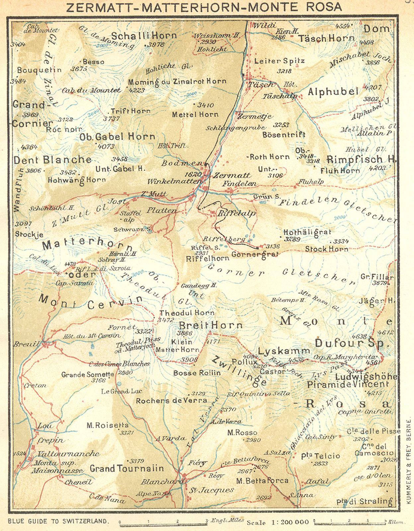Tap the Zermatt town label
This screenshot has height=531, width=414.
(232, 175)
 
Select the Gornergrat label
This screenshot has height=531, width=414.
(255, 255)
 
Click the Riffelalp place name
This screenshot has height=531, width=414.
(236, 213)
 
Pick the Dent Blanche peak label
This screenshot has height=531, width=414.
(52, 160)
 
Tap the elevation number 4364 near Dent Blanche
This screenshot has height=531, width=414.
(29, 147)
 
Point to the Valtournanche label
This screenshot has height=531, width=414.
(68, 454)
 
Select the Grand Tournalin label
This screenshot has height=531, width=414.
(127, 469)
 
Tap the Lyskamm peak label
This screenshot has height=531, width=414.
(284, 351)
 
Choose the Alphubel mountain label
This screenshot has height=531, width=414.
(333, 92)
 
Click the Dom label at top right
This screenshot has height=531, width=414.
(376, 29)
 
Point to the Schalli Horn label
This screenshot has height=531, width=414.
(143, 36)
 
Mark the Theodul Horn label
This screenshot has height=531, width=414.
(187, 313)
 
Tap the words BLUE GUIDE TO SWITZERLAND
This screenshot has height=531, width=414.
(58, 521)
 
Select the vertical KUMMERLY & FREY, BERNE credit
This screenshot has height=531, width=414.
(409, 461)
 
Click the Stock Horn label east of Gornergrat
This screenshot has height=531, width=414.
(326, 249)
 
